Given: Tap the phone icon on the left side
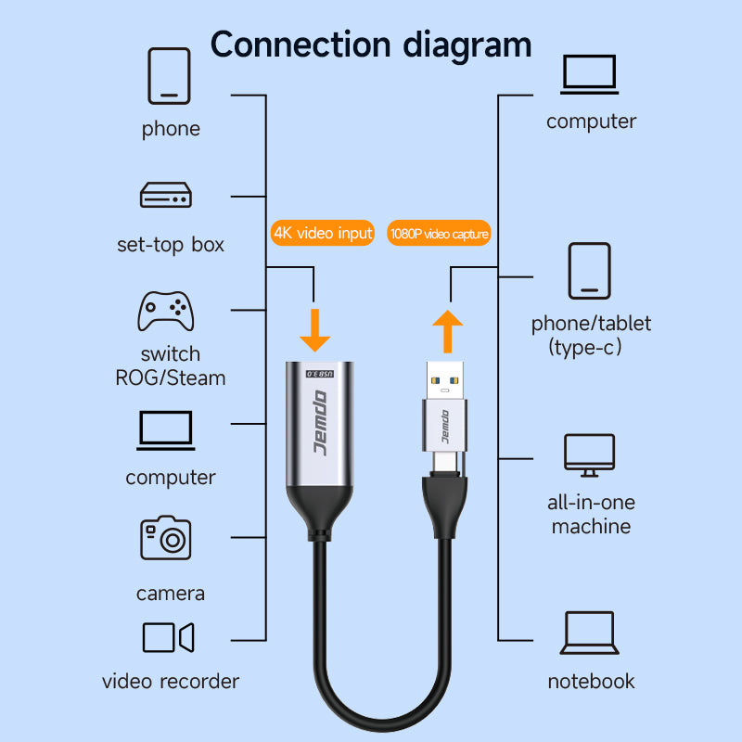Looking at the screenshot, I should tap(168, 75).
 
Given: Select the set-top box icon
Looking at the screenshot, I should tap(166, 195).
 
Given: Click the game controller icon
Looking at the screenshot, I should tap(166, 311).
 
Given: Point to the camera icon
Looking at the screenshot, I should tap(166, 538).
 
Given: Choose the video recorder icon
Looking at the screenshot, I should tap(168, 638).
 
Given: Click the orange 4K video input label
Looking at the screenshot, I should tap(323, 233).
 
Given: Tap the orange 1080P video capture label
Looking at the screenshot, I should tap(438, 234).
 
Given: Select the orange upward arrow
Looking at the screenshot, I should tap(448, 332).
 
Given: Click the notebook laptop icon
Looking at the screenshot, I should tap(590, 633).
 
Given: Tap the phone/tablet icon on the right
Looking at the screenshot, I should tap(590, 271).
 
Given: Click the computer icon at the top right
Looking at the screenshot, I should tap(590, 75).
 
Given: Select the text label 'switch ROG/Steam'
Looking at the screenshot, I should tap(170, 365).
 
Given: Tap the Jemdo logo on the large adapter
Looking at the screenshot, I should tap(320, 423).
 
